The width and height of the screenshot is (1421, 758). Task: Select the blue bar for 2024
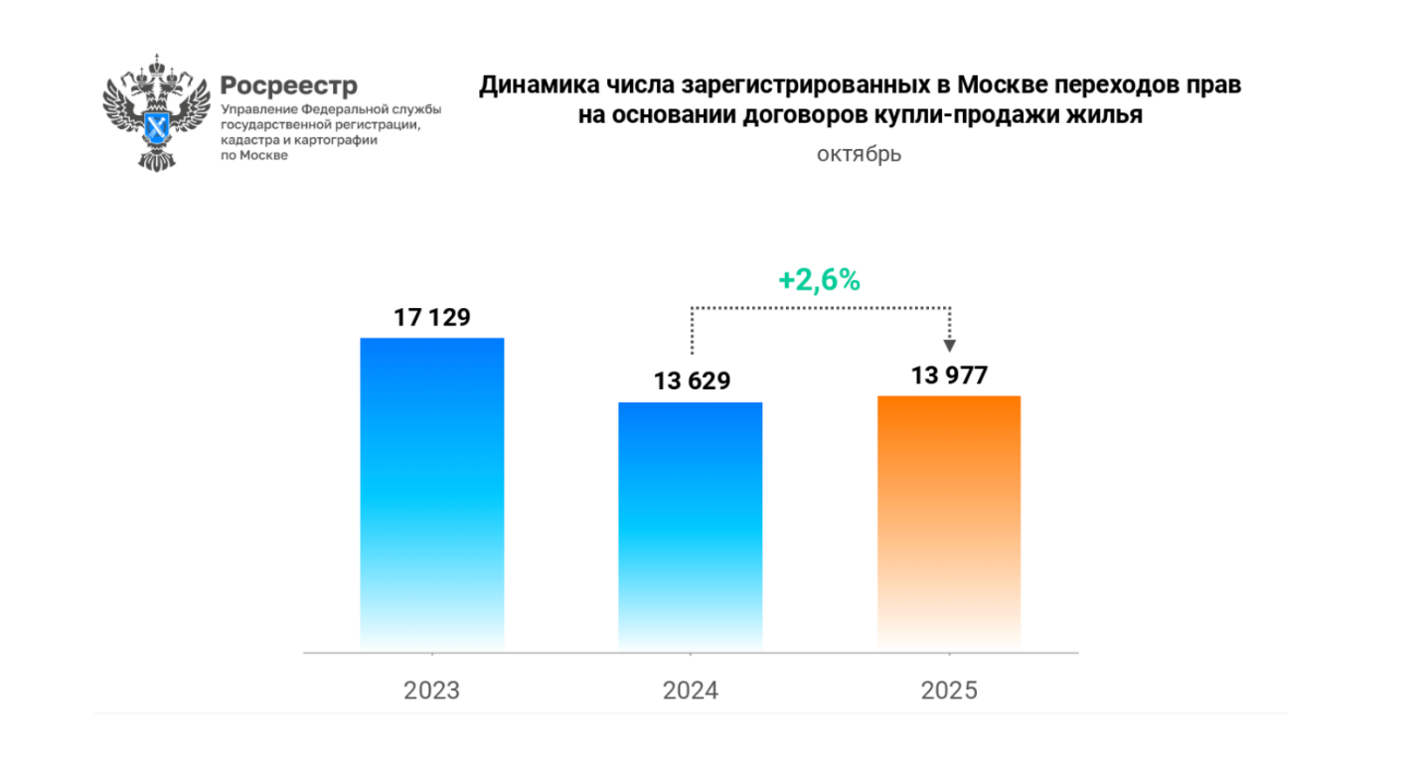point(690,527)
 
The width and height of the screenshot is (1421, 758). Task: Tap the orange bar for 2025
point(949,524)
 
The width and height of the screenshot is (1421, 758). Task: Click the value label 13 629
point(691,381)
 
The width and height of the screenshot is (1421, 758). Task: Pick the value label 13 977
point(948,375)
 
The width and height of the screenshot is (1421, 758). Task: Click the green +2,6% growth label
point(819,280)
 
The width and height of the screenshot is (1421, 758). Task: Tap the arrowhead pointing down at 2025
point(950,345)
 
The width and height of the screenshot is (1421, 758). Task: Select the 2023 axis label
point(431,690)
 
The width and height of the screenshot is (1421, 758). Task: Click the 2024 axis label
point(691,690)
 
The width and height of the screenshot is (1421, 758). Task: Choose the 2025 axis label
point(949,690)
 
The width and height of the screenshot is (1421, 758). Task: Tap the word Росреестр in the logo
point(288,85)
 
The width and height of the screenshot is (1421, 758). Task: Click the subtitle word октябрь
point(860,154)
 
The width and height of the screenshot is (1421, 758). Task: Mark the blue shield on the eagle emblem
point(158,127)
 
